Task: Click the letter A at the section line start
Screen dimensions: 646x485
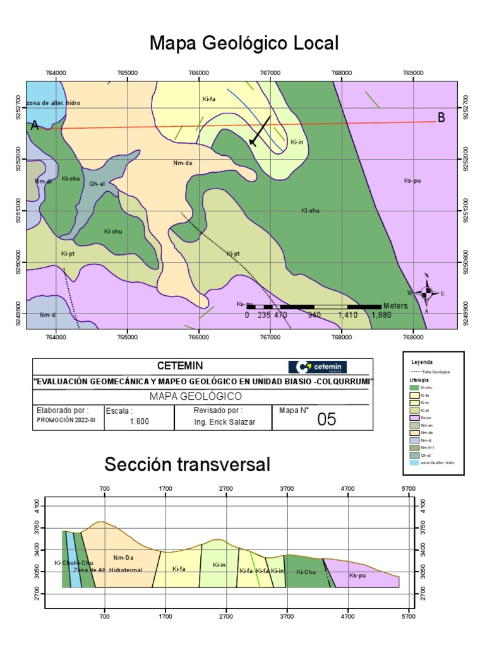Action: click(35, 126)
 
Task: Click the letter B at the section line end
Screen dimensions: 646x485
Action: click(441, 118)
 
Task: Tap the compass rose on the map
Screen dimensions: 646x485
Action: click(426, 292)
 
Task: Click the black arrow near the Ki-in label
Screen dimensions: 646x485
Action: click(260, 131)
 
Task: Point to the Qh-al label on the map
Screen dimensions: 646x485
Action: click(97, 184)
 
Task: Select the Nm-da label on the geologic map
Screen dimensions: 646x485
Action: click(182, 163)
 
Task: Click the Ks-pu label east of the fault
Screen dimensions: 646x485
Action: click(412, 181)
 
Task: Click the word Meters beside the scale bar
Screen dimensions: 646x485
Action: click(395, 306)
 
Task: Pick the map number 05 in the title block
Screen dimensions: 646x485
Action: click(326, 419)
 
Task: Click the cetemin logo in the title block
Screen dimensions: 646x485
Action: click(317, 367)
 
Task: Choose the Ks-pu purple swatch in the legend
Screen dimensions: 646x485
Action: click(414, 417)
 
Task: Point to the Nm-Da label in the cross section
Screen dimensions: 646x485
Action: click(124, 558)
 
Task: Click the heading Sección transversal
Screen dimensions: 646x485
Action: click(187, 466)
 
